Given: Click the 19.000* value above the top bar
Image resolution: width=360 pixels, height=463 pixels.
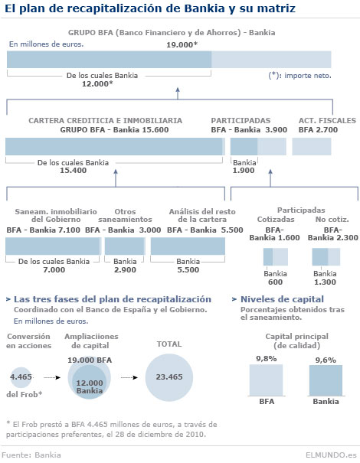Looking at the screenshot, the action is pos(182,44).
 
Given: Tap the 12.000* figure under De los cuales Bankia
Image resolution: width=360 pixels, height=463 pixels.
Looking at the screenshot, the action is pos(97,84).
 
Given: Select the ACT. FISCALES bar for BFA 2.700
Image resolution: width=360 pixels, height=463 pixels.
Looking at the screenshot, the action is pos(312,146).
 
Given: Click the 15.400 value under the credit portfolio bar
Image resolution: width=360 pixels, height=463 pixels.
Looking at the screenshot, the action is pos(74,171).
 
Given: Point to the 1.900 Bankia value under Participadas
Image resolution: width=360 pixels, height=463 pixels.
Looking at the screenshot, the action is pos(244,171).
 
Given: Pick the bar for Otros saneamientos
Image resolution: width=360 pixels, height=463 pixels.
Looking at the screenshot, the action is pos(125,246).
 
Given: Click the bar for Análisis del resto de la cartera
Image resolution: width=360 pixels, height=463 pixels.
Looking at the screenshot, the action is pos(188,246).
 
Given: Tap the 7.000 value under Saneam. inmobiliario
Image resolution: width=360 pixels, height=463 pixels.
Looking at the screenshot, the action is pos(54,269).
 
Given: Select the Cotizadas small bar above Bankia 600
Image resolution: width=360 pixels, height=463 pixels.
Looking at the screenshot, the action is pos(276,257).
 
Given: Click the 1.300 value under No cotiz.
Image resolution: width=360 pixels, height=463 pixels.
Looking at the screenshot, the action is pos(325,282).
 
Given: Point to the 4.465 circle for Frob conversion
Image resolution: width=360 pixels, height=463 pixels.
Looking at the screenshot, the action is pos(21,377).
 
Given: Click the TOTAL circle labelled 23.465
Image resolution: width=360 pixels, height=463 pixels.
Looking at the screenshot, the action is pos(169,377).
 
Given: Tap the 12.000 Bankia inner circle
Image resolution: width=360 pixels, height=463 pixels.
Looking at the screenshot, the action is pos(90,382).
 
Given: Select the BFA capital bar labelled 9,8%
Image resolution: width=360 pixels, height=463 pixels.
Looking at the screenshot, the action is pos(266,380).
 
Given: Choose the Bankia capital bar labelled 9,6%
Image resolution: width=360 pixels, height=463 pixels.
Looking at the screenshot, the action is pos(326,380).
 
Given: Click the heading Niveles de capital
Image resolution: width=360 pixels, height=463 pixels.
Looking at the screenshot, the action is pos(282,299).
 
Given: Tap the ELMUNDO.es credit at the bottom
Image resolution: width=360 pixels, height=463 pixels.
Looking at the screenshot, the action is pos(332,455).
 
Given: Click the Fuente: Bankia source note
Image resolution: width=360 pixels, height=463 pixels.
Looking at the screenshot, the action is pos(31,455).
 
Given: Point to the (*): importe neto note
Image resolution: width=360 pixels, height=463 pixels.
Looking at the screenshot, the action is pos(299,76).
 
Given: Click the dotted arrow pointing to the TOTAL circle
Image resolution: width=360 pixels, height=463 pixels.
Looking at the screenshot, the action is pos(129,377).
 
